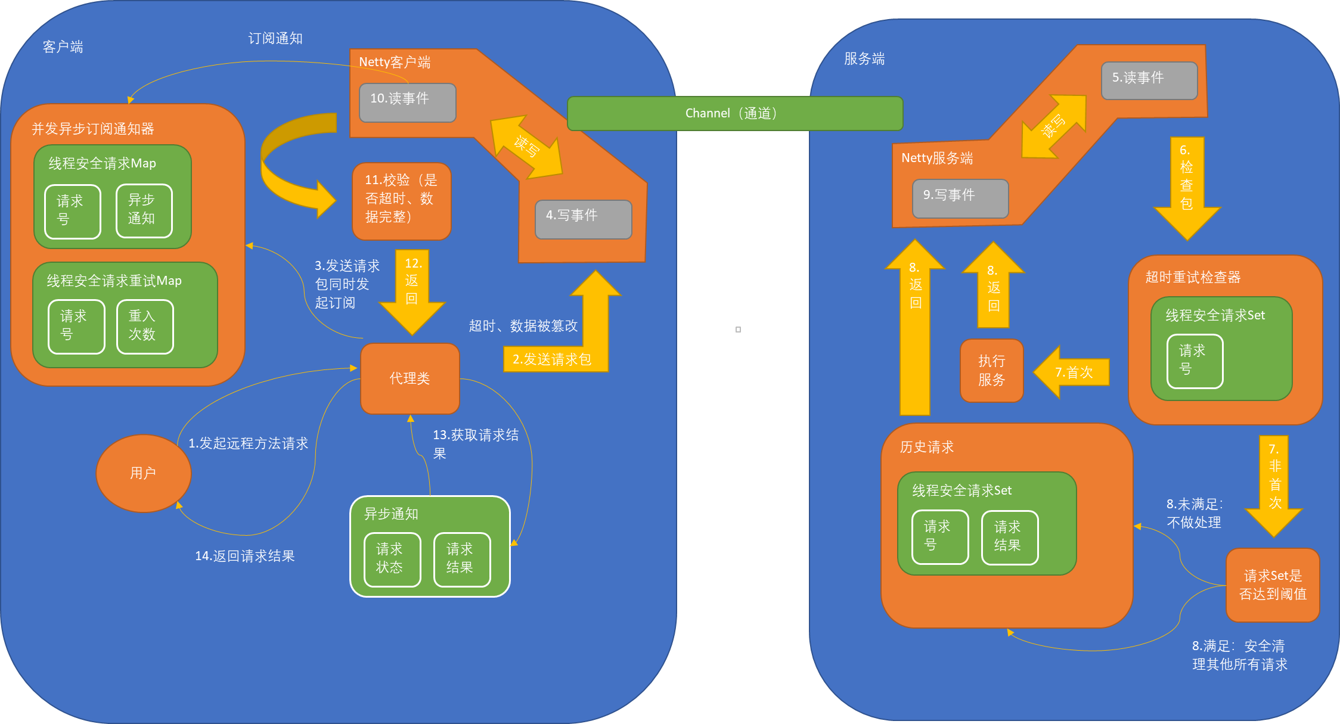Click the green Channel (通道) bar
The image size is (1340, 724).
pos(734,113)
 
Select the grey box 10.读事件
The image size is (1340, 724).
pos(408,102)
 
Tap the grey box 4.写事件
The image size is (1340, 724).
pos(583,219)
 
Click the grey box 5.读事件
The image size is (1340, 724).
pos(1149,80)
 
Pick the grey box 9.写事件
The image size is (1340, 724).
pos(960,198)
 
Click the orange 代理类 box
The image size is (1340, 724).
pos(410,378)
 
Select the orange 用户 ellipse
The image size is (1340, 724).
pos(144,473)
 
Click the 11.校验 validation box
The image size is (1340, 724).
pos(401,201)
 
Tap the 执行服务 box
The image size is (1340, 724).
pos(991,370)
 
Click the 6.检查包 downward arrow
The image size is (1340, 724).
pos(1187,185)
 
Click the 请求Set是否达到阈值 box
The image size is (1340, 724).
pos(1273,585)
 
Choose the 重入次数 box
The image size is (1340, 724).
pos(145,327)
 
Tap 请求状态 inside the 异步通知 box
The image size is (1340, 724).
pos(392,559)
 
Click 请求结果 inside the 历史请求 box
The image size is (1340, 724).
pos(1009,537)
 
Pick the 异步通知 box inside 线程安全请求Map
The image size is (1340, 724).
pos(144,210)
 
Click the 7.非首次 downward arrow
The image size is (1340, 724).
pos(1274,483)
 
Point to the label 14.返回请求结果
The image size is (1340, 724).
pos(244,556)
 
